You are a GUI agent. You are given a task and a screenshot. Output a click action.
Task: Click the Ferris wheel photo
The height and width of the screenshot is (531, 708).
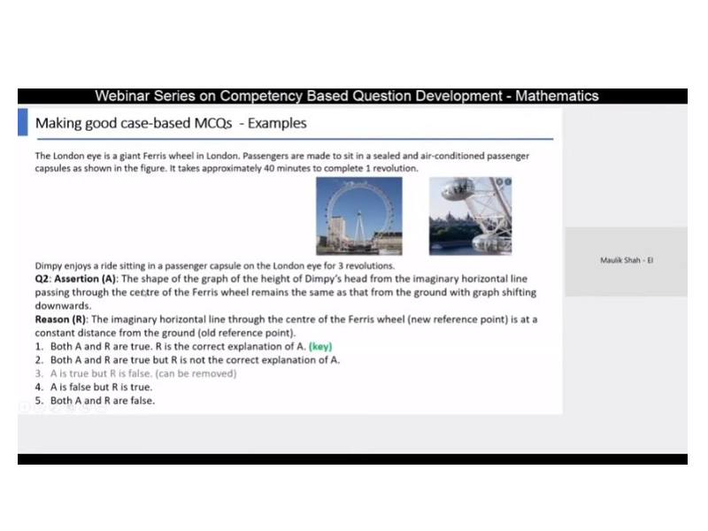tap(358, 215)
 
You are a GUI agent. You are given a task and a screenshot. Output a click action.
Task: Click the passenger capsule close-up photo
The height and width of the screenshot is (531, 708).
tap(470, 215)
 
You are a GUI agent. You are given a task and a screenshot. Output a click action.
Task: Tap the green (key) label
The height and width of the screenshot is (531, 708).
tap(320, 346)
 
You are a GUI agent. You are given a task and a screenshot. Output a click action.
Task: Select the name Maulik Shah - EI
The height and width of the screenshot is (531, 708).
tap(627, 260)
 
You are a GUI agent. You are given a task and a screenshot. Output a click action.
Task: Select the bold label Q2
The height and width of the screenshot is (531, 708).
tap(43, 279)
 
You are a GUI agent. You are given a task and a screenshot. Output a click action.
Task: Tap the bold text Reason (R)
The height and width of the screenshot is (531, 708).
tap(61, 319)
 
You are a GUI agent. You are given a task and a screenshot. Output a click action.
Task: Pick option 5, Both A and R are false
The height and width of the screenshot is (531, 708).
tap(102, 400)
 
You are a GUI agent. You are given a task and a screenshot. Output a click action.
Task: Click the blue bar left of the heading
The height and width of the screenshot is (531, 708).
tap(23, 121)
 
